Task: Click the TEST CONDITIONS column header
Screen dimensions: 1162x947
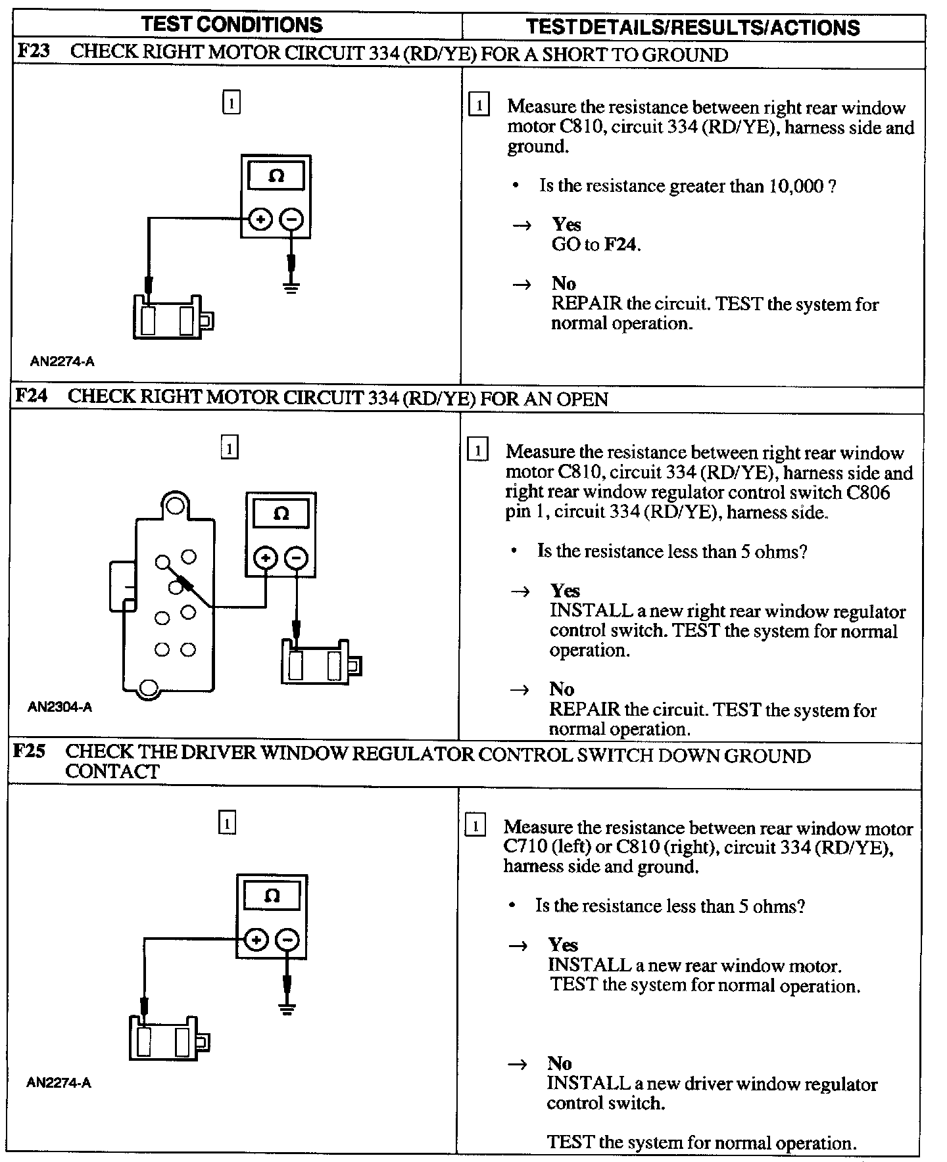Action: click(231, 25)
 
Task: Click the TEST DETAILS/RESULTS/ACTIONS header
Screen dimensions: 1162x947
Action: click(692, 27)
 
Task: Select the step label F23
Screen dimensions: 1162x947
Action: click(33, 52)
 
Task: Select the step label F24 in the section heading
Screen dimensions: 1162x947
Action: click(32, 396)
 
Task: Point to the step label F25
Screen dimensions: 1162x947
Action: click(30, 751)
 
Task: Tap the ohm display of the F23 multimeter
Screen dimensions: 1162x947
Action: click(276, 176)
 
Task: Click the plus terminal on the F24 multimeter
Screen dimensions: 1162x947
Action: click(266, 559)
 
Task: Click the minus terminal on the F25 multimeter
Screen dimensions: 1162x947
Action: click(287, 941)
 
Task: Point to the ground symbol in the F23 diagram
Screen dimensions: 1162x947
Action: click(292, 287)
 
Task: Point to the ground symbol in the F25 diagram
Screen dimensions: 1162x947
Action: click(287, 1009)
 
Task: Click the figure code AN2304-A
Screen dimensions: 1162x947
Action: click(60, 707)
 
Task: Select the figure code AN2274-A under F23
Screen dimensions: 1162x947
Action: click(62, 361)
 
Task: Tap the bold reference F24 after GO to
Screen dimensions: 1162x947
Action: click(621, 244)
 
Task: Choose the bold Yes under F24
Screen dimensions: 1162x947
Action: click(565, 590)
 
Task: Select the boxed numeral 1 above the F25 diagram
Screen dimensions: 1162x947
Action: click(227, 823)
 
